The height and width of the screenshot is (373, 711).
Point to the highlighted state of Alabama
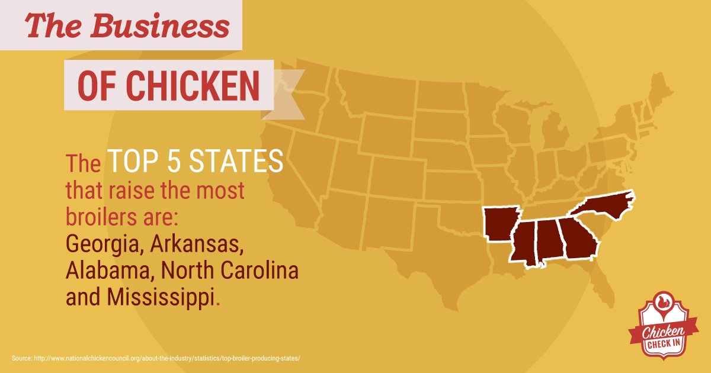click(x=549, y=240)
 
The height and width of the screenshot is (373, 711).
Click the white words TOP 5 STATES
click(x=195, y=162)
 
